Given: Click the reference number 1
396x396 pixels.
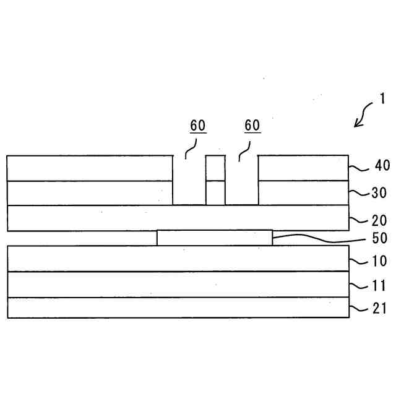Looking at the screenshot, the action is [x=382, y=98].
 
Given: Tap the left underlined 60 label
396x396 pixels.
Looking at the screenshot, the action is [x=198, y=126].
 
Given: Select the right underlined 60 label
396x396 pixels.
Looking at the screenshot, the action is [x=252, y=126].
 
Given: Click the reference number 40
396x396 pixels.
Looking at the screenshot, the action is [x=382, y=166].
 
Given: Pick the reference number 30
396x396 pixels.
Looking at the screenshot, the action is [x=379, y=192].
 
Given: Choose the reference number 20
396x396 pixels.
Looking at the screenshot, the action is [x=379, y=220].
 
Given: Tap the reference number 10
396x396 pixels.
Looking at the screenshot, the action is [x=379, y=261].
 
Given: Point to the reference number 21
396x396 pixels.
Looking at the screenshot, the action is [x=379, y=308].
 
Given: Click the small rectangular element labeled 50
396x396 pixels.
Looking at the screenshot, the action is [x=214, y=238].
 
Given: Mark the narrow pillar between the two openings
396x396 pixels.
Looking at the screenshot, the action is [x=215, y=180].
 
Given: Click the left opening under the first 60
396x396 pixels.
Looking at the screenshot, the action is [x=189, y=181].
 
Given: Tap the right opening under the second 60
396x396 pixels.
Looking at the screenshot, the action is [x=241, y=181].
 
